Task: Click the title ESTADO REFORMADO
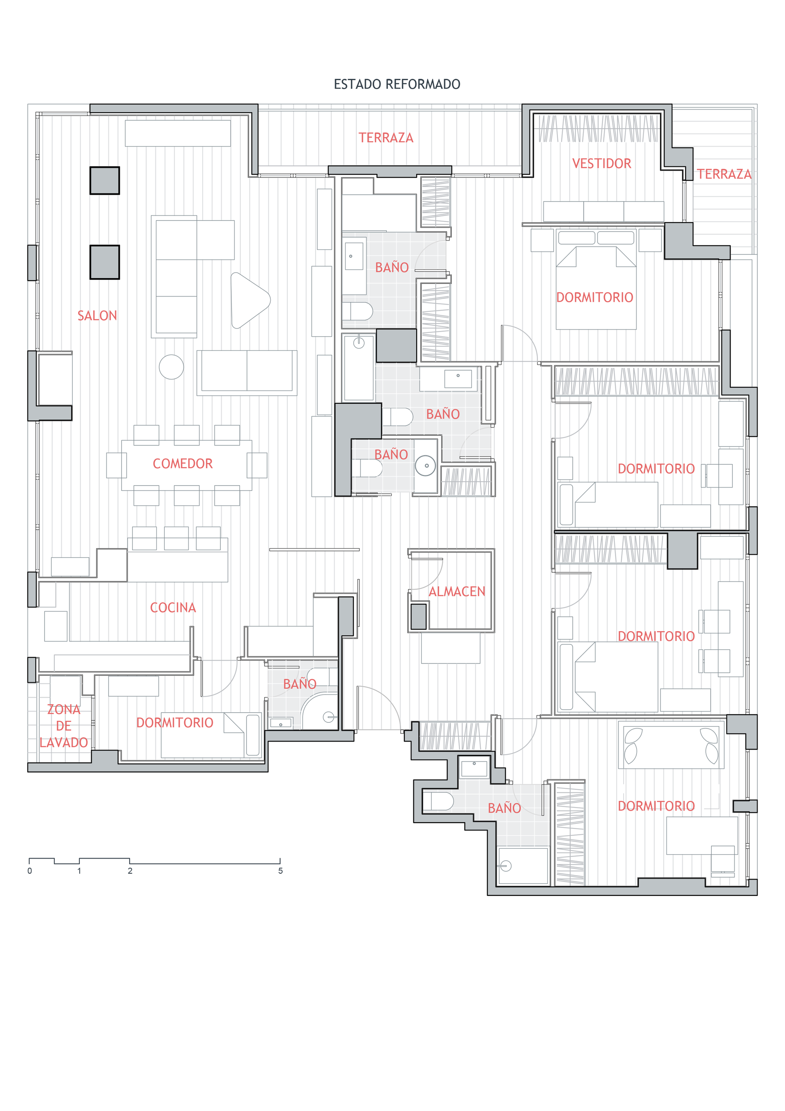point(397,84)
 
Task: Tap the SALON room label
point(97,315)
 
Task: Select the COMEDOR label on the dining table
point(182,463)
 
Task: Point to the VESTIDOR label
point(602,164)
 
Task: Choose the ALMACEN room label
point(457,591)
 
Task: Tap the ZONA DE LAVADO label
point(63,726)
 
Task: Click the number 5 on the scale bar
point(280,870)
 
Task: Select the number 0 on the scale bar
point(29,870)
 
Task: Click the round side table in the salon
point(171,367)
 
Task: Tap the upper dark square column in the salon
point(105,180)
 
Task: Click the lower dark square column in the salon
point(105,262)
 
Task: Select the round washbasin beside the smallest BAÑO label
point(426,466)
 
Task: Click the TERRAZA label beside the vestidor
point(724,174)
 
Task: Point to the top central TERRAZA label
point(386,138)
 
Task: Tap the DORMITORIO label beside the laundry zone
point(175,722)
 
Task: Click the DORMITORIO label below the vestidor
point(594,297)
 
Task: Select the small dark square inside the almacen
point(419,616)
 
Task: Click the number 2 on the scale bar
point(130,870)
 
